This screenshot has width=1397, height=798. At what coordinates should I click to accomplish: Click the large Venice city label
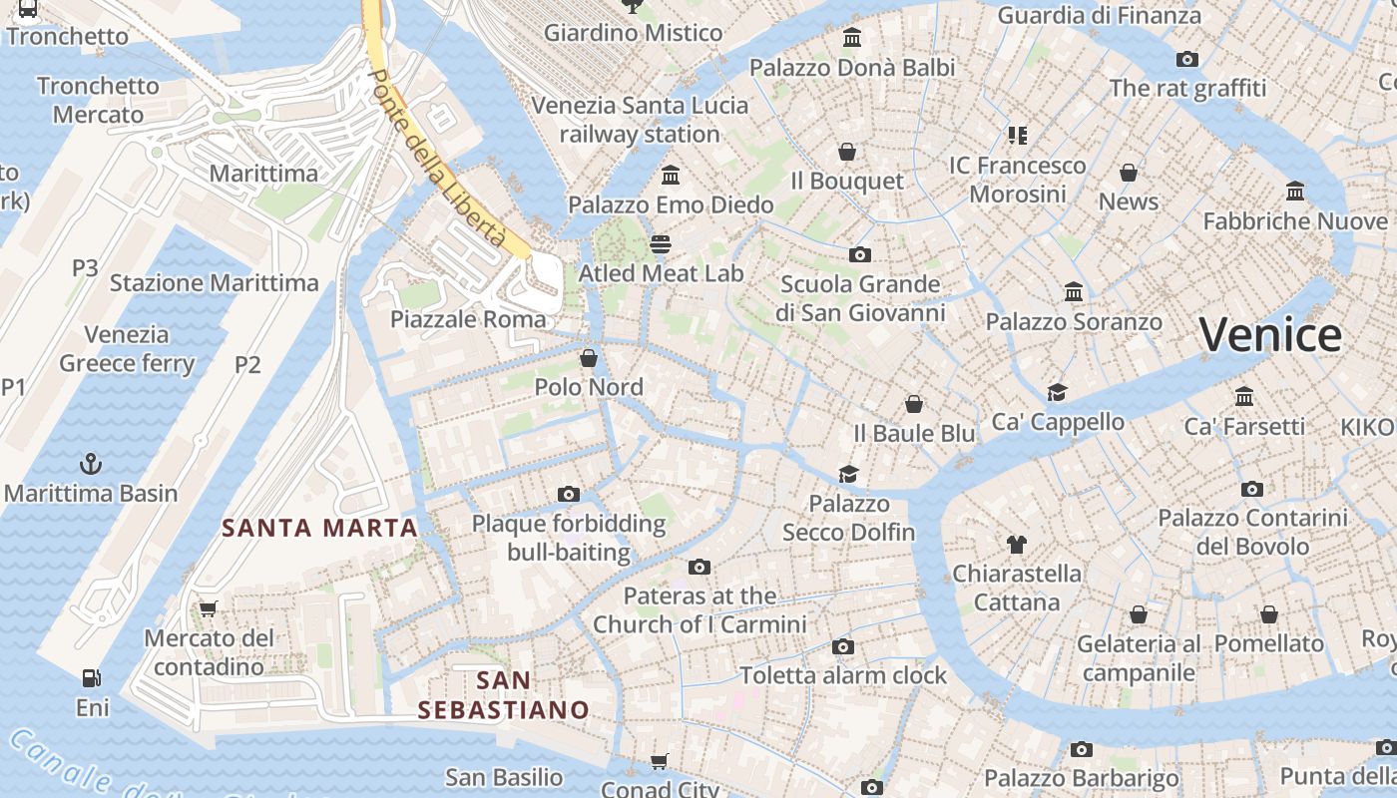(1270, 335)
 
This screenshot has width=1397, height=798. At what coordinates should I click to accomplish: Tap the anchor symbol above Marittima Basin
(91, 464)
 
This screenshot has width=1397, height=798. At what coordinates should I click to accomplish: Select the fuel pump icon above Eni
(91, 678)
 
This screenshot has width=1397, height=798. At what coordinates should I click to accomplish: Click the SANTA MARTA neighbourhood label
(319, 528)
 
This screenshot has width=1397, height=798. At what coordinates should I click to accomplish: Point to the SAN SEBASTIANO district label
(504, 695)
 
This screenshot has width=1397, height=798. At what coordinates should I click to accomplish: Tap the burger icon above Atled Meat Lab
(660, 243)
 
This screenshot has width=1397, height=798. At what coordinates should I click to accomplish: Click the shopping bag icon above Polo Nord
(589, 358)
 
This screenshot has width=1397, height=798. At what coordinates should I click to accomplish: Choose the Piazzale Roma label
(468, 319)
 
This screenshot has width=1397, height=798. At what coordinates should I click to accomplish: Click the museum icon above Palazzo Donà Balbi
(852, 38)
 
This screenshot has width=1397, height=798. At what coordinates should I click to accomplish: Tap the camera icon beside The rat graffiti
(1187, 59)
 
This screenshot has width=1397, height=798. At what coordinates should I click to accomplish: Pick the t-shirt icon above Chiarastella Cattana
(1016, 545)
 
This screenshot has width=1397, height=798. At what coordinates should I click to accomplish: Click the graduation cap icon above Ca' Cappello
(1057, 392)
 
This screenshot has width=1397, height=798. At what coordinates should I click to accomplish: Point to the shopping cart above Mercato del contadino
(208, 608)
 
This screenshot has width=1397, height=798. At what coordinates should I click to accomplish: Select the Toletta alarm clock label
(843, 675)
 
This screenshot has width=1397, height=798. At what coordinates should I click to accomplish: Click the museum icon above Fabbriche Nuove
(1295, 192)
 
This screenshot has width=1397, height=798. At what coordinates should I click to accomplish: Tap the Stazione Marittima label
(214, 282)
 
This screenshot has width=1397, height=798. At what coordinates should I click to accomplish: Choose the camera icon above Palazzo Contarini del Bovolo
(1252, 489)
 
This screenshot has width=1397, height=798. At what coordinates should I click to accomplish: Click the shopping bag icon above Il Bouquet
(847, 152)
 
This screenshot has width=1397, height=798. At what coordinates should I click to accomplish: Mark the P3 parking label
(85, 267)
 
